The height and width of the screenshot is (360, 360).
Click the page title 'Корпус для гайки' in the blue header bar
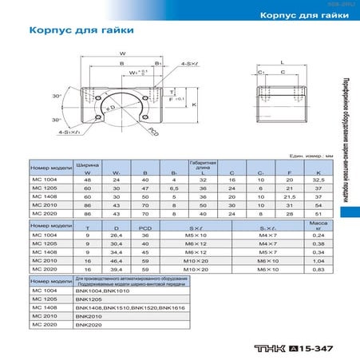click(x=306, y=16)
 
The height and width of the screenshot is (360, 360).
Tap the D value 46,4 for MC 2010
click(x=117, y=259)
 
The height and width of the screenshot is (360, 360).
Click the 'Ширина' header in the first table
click(x=87, y=164)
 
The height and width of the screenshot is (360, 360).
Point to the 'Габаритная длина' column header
click(x=203, y=167)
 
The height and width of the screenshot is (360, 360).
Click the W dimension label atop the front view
click(x=121, y=54)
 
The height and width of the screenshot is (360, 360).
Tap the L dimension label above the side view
click(x=283, y=61)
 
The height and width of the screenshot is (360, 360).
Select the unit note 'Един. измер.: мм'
click(x=314, y=156)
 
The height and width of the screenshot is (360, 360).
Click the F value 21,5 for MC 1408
click(x=291, y=196)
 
